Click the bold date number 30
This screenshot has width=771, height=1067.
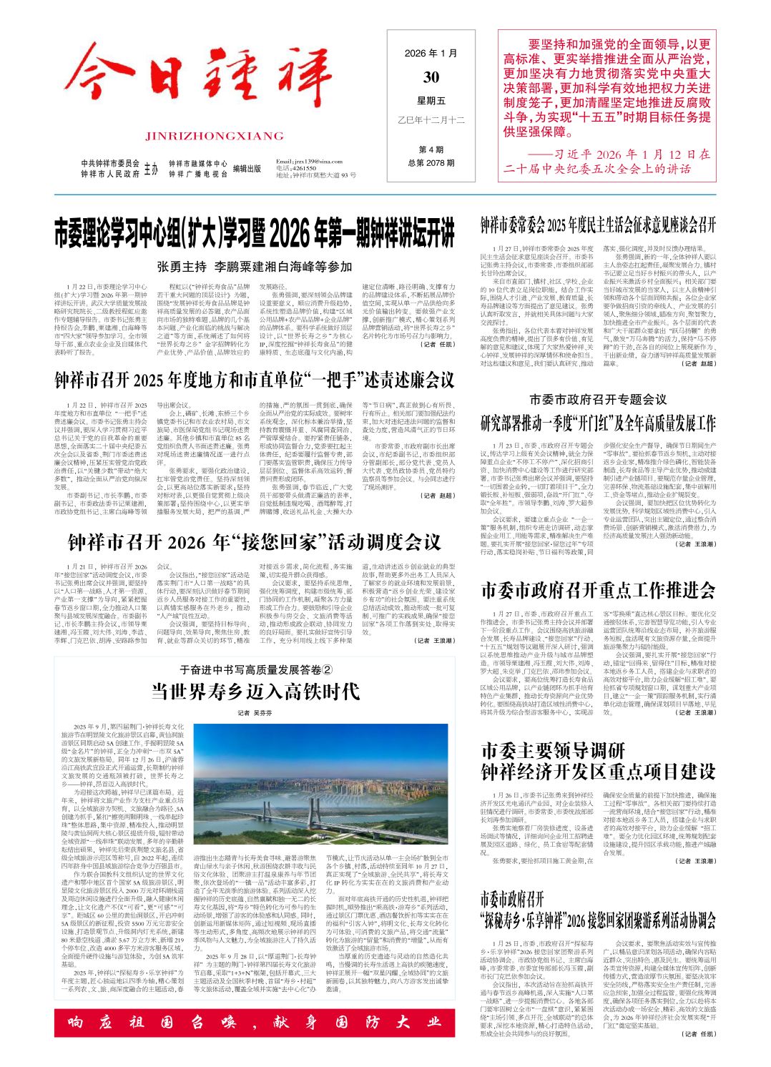(x=431, y=77)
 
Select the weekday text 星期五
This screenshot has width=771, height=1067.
(x=431, y=101)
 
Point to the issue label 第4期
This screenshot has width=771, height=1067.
(x=431, y=149)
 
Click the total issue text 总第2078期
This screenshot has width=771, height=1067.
(x=431, y=163)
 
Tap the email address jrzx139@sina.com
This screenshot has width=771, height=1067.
(x=313, y=162)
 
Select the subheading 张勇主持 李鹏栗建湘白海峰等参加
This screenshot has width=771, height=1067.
(x=255, y=267)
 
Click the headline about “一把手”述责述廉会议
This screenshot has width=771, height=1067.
(x=255, y=380)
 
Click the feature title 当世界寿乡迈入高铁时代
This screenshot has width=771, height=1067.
(x=255, y=691)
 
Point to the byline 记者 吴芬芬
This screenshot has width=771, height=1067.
(x=255, y=712)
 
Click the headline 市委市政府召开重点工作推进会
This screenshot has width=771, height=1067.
(x=598, y=590)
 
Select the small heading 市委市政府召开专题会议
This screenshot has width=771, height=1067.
(x=598, y=399)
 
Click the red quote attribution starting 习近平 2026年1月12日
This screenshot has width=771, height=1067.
(x=607, y=161)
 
